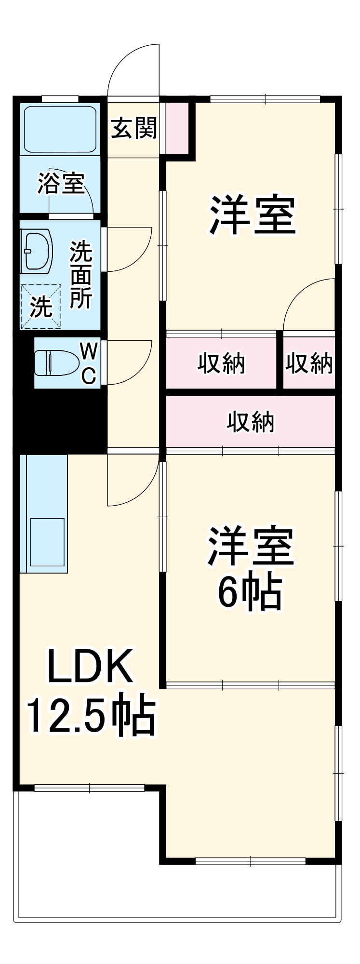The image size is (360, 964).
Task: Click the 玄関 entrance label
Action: click(x=134, y=128)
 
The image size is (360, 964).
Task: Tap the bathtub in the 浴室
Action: click(x=61, y=129)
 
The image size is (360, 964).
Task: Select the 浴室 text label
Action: click(x=61, y=183)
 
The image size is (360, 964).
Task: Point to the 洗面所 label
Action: click(x=81, y=275)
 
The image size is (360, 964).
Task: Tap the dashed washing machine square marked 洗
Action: click(x=41, y=307)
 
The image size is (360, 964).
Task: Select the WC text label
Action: click(x=88, y=363)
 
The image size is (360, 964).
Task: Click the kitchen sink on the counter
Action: click(x=47, y=542)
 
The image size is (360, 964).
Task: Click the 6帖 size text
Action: click(x=250, y=592)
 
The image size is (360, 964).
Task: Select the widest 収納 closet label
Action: click(x=251, y=422)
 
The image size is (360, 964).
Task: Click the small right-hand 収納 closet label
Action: click(x=309, y=363)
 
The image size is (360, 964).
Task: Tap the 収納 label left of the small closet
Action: click(x=221, y=363)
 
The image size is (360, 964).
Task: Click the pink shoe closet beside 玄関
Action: click(x=177, y=128)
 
